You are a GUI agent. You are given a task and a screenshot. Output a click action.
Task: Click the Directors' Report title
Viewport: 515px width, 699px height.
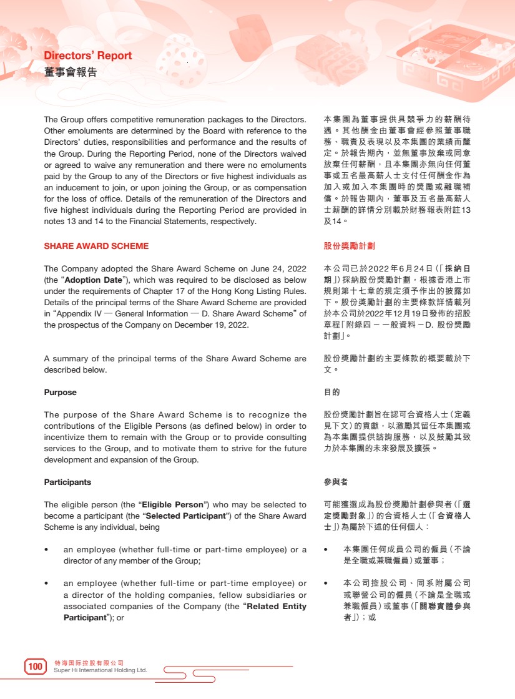(88, 56)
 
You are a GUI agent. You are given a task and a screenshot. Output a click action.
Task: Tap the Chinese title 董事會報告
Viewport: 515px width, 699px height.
(71, 72)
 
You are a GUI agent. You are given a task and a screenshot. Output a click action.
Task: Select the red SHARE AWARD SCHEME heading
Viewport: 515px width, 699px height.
(96, 246)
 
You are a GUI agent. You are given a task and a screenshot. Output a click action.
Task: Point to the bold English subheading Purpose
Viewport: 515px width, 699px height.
(61, 393)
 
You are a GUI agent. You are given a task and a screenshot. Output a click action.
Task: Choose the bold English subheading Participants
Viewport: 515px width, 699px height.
(67, 482)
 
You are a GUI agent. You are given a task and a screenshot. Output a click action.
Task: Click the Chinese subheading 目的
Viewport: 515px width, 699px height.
(332, 393)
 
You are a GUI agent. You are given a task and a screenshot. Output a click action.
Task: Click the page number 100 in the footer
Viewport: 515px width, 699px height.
(36, 667)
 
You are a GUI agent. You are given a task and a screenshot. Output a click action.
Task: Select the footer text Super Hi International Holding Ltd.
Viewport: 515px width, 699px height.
(101, 670)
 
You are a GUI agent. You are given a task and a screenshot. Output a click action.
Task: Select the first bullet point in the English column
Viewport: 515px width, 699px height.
(47, 550)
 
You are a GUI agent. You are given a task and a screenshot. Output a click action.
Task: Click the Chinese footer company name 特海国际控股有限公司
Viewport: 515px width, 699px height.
(89, 662)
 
